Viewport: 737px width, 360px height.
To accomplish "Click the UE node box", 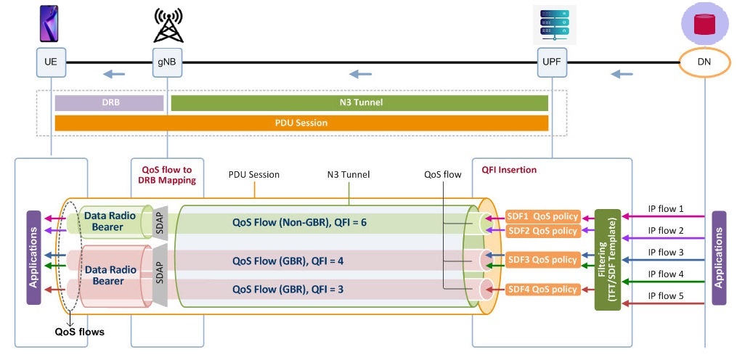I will [50, 62].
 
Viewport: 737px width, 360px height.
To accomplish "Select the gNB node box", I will [166, 62].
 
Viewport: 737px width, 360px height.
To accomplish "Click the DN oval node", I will [704, 62].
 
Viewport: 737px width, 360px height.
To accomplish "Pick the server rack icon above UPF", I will [553, 24].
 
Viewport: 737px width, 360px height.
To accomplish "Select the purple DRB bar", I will [109, 103].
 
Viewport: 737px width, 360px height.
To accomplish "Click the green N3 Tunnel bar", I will [359, 103].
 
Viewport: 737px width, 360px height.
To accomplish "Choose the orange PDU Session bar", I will [301, 123].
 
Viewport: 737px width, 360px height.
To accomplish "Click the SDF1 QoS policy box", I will [543, 216].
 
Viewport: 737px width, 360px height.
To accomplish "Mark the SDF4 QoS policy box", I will [543, 289].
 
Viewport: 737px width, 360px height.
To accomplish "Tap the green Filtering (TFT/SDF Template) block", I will [607, 259].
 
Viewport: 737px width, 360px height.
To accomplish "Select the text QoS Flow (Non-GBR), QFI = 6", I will [299, 221].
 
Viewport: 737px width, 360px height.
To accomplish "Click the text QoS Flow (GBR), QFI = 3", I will [289, 289].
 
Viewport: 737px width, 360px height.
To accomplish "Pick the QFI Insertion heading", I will [509, 170].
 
